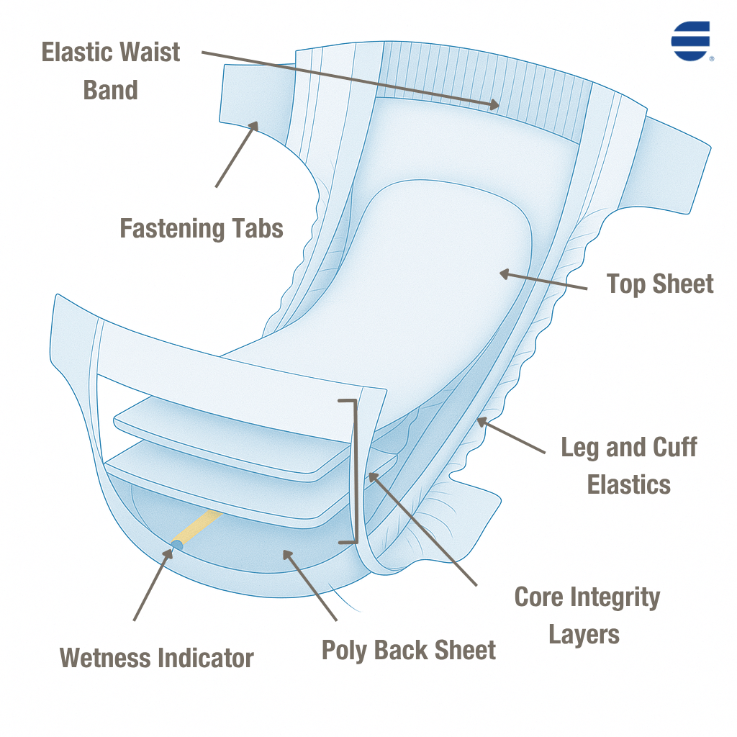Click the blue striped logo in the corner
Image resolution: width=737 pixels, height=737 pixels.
coord(690,40)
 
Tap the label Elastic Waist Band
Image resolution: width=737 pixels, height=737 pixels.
coord(111,71)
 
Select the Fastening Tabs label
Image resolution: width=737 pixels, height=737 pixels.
coord(202,229)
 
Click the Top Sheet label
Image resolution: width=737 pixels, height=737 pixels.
coord(660,284)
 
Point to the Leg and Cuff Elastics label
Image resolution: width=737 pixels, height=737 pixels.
coord(629,465)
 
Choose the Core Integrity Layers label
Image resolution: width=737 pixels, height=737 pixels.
coord(587,615)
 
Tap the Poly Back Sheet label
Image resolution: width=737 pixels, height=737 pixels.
coord(408,650)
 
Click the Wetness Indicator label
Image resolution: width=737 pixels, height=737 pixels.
coord(157,658)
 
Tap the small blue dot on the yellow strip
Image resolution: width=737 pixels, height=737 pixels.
coord(176,546)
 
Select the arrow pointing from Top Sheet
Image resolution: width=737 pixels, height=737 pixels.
coord(543,281)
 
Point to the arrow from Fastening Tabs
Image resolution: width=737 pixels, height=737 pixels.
coord(236,154)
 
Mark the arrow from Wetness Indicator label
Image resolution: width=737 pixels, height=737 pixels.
coord(152,583)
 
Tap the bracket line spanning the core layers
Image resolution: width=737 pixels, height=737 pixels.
coord(353,471)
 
